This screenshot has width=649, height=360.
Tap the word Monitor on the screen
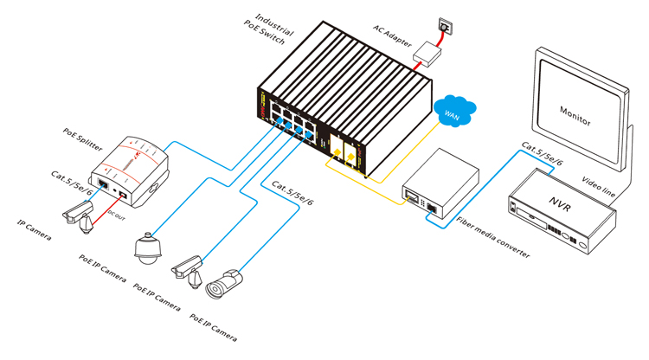click(x=575, y=112)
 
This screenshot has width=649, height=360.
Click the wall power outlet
click(x=445, y=27)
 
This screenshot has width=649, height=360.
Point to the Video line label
click(x=599, y=188)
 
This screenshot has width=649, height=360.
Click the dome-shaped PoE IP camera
click(x=149, y=247)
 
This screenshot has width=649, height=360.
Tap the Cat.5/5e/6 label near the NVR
click(x=542, y=156)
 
